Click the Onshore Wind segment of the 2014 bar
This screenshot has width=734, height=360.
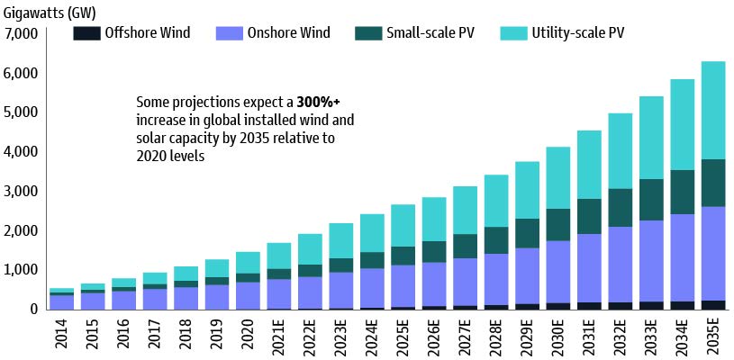tap(62, 301)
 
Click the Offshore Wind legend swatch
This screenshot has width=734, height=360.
tap(86, 33)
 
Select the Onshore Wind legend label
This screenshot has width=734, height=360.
tap(287, 33)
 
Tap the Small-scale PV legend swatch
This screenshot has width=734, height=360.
tap(367, 33)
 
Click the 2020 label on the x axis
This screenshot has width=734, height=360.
tap(248, 333)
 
